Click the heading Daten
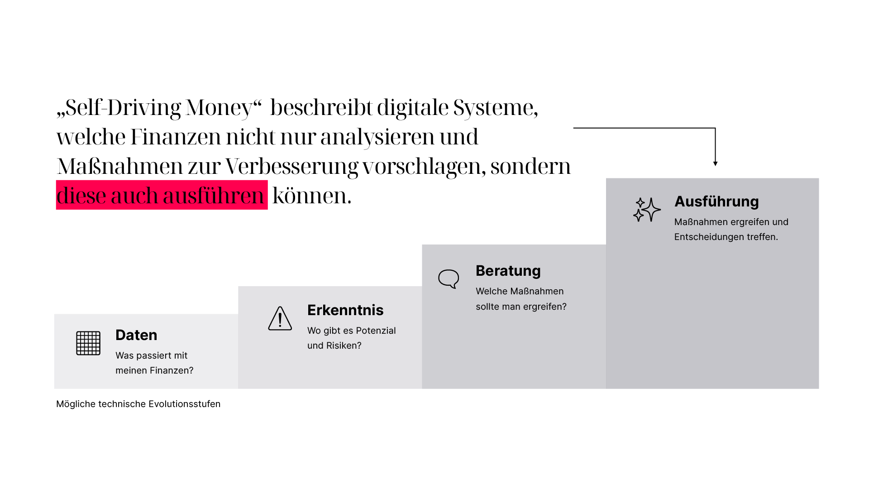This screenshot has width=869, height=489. (136, 335)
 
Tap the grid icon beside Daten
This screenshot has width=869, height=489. (88, 343)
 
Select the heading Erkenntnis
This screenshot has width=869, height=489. (345, 310)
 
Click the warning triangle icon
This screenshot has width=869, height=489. (280, 319)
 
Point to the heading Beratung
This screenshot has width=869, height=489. (508, 271)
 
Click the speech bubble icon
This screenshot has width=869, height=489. (449, 279)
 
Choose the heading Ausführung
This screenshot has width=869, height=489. (716, 201)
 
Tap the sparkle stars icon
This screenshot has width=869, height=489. (647, 210)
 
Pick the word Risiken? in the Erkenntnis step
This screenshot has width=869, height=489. (344, 345)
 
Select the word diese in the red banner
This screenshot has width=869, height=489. (81, 195)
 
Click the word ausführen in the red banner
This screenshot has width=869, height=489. (213, 195)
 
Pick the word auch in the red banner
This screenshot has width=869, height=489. (134, 195)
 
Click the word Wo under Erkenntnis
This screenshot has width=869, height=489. (314, 331)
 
